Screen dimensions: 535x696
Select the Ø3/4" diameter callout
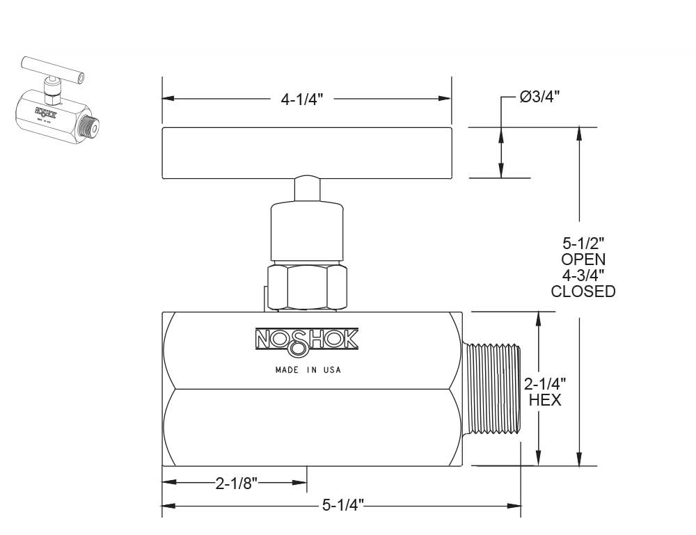[x=540, y=97]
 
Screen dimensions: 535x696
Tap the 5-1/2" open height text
[x=583, y=243]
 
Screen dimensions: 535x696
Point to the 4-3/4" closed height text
[x=583, y=276]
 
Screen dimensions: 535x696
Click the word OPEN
[x=583, y=259]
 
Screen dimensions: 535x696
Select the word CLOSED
[x=583, y=292]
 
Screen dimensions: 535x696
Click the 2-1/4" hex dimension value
[x=545, y=384]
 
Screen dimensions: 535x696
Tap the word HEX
[x=545, y=400]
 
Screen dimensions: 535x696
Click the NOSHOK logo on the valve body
[x=306, y=339]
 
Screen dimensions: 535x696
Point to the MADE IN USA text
[x=306, y=370]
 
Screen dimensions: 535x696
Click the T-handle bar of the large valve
[x=306, y=152]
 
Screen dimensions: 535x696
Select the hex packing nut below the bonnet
[x=306, y=287]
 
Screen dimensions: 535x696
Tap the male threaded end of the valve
[x=491, y=388]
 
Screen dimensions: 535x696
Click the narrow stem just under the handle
[x=306, y=189]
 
